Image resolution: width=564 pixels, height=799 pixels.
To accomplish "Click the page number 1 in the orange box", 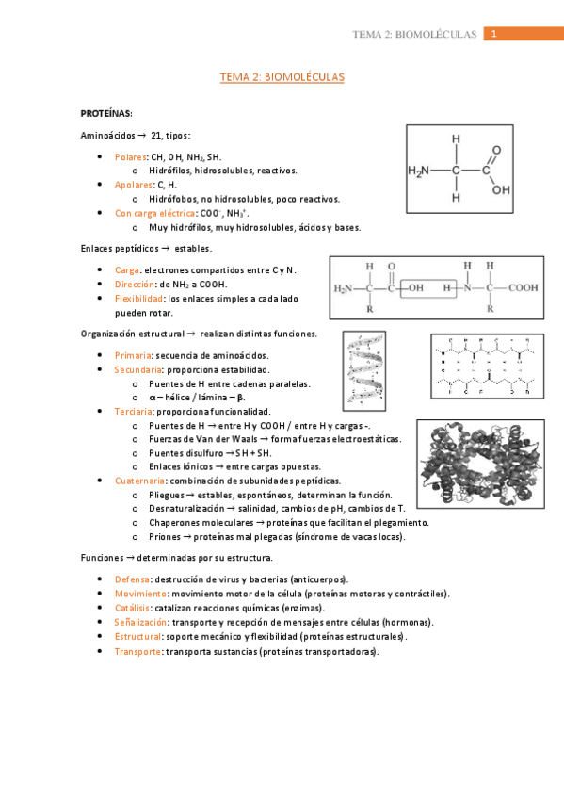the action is coord(494,34).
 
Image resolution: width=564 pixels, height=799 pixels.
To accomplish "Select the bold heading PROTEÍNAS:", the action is coord(106,113).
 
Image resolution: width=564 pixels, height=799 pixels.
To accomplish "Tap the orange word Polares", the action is coord(130,156).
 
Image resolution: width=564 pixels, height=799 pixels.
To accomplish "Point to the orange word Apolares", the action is coord(133,185).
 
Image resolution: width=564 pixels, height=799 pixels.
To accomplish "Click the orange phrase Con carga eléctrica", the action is coord(149,213).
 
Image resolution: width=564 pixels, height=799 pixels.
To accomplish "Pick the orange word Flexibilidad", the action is coord(139,298).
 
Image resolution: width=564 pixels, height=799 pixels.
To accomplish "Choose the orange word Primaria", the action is coord(132,355).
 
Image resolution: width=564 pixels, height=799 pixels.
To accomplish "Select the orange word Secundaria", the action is coord(137,369).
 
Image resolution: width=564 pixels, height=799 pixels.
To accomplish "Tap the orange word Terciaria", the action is coord(133,412).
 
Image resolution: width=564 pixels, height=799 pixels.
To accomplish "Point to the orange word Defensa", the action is coord(132,579).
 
